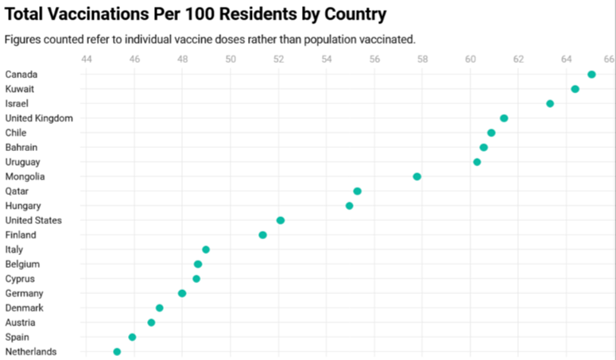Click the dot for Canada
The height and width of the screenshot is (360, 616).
[591, 74]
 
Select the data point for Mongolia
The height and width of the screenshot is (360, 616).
[416, 176]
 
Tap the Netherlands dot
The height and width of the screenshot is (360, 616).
[117, 351]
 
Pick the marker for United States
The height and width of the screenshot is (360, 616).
[280, 220]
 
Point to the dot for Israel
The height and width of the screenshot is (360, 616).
[550, 103]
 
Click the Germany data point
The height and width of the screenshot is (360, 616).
[182, 293]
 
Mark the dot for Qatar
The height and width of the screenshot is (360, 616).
[357, 191]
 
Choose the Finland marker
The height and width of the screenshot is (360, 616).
[262, 234]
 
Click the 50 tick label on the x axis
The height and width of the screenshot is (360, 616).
[231, 58]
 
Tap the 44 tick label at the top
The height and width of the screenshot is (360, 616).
[87, 58]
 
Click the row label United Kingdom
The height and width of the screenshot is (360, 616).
[39, 118]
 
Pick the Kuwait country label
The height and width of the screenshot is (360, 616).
[19, 89]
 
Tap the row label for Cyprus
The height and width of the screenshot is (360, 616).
[20, 279]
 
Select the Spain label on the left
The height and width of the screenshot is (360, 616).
[17, 337]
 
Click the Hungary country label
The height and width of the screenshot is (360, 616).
[22, 206]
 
